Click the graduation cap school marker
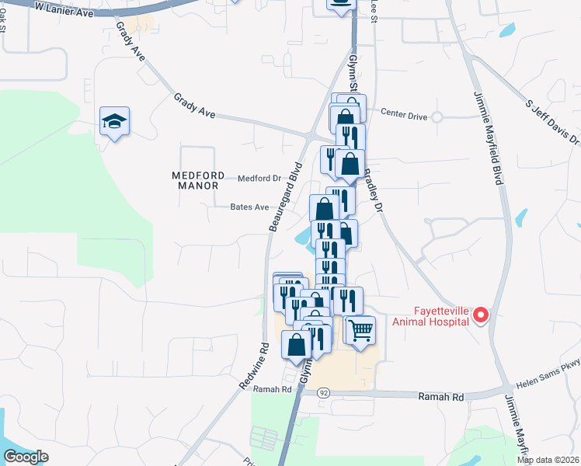click(114, 122)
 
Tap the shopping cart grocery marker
click(360, 330)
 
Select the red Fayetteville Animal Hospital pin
click(480, 315)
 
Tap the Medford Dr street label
click(259, 178)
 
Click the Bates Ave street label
click(249, 207)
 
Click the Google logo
click(26, 457)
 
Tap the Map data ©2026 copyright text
click(548, 460)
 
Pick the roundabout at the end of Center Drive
click(437, 117)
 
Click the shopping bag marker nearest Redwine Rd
click(297, 345)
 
